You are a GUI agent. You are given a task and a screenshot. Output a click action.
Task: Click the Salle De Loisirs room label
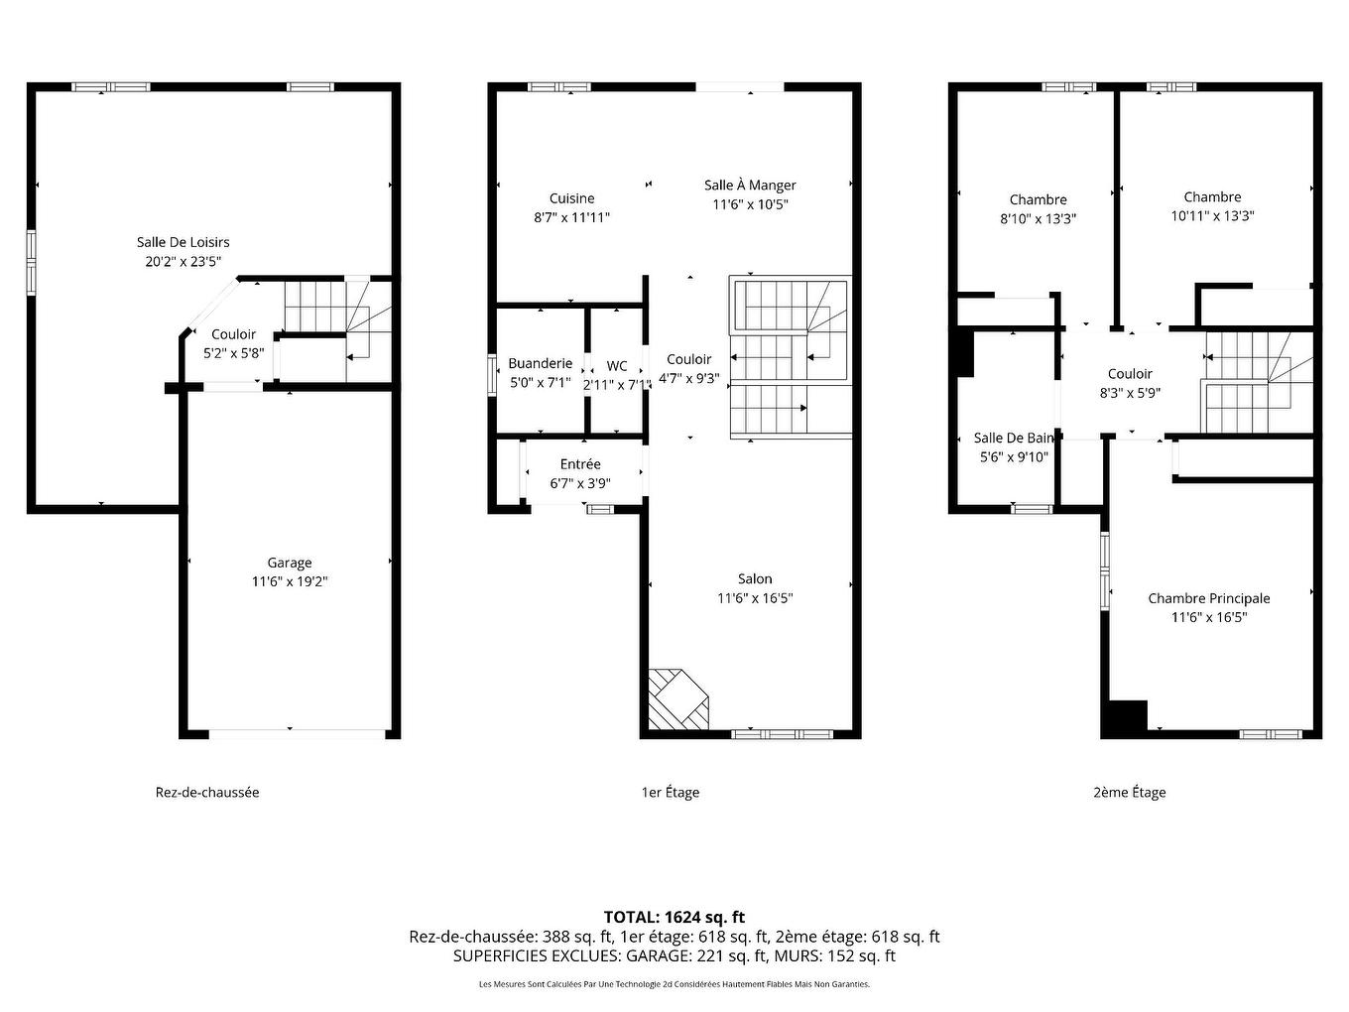[x=183, y=242]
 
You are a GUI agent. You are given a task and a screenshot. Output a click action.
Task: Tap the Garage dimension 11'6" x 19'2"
[x=289, y=582]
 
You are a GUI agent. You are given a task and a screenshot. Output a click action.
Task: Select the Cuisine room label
[x=571, y=198]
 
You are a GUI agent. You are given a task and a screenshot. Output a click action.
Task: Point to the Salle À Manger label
[x=750, y=186]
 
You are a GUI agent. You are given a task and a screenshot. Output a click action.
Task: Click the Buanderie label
[x=540, y=364]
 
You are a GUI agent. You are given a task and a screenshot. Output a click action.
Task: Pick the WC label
[x=617, y=366]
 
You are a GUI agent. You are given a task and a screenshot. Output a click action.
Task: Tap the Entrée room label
[x=580, y=464]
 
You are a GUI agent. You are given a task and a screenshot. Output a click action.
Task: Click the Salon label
[x=755, y=579]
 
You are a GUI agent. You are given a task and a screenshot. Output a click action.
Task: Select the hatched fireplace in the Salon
[x=679, y=698]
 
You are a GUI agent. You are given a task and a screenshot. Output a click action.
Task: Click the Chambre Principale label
[x=1208, y=598]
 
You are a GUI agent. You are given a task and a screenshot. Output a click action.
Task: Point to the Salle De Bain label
[x=1013, y=439]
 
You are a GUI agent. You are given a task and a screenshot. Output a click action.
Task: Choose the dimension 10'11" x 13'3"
[x=1212, y=216]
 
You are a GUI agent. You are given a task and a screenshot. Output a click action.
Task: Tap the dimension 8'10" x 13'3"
[x=1038, y=219]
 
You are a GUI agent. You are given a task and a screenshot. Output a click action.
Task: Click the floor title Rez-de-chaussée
[x=207, y=793]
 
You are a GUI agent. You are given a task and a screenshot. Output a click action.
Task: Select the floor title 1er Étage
[x=670, y=793]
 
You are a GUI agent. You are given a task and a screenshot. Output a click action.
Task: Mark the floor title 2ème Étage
[x=1129, y=793]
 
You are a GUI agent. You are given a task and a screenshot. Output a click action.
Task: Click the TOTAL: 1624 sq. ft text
[x=674, y=918]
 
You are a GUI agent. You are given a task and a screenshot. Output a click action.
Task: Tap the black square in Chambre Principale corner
[x=1127, y=717]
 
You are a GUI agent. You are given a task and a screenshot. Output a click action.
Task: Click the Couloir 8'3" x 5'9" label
[x=1130, y=383]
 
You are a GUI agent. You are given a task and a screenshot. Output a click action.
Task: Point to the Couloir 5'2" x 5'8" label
[x=233, y=343]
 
